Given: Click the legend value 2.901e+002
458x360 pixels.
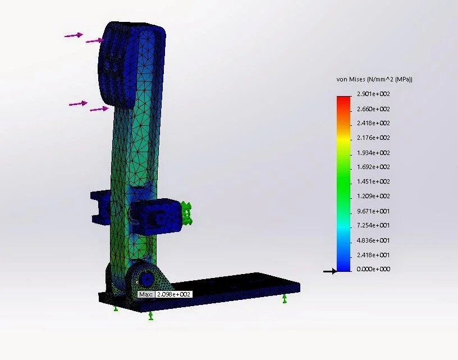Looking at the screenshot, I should point(373,94).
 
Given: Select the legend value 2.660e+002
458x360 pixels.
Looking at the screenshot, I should point(373,109).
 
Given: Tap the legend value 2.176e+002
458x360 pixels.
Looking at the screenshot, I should point(373,138).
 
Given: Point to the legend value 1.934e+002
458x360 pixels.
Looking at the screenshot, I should point(373,153).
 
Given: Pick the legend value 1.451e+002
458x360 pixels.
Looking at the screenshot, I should point(373,181).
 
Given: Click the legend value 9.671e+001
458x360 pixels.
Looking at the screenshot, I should point(373,211).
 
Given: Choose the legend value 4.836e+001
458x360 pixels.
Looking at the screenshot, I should point(373,240).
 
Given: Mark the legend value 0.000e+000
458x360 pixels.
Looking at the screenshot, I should point(373,269).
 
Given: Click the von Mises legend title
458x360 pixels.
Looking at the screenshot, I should point(374,80).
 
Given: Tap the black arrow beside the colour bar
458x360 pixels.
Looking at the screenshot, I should point(329,271).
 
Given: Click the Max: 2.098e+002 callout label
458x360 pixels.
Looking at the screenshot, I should point(165,294).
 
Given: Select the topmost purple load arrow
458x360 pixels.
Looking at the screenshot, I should point(74,35).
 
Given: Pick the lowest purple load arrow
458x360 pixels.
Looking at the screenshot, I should point(99,109).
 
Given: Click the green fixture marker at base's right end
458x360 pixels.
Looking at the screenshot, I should point(285,298).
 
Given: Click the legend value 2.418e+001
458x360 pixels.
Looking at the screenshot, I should point(373,255).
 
